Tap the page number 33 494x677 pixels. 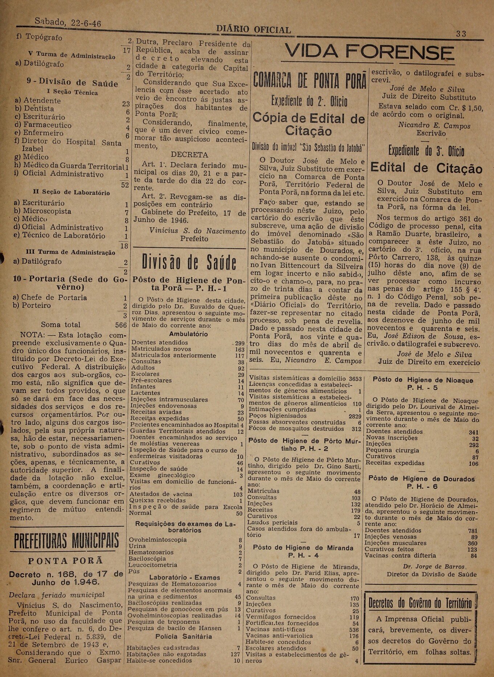click(461, 34)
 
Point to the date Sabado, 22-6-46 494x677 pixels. click(68, 23)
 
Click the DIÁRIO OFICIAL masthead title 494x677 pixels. click(253, 30)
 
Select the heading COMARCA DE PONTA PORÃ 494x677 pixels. click(310, 80)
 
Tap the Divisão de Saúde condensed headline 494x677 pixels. click(189, 262)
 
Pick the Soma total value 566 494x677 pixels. click(121, 325)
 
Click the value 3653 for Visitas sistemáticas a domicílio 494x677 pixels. click(355, 379)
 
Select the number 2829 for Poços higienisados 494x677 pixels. click(355, 416)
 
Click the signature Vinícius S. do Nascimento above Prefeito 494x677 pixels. click(197, 231)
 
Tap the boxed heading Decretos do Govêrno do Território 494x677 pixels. click(420, 603)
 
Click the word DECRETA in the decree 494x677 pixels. click(189, 154)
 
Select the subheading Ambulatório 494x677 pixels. click(188, 334)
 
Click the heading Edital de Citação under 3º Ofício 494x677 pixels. click(426, 168)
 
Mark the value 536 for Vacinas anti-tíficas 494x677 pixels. click(354, 630)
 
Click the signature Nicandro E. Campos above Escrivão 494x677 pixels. click(434, 126)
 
